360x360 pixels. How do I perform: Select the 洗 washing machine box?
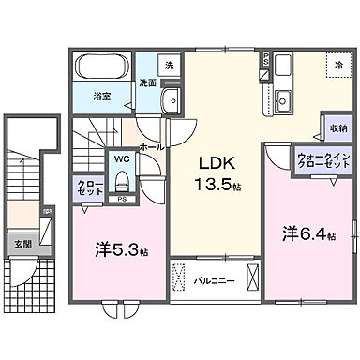pyautogui.click(x=170, y=66)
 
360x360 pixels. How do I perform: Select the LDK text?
pyautogui.click(x=213, y=161)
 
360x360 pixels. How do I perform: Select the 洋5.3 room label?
pyautogui.click(x=120, y=249)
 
